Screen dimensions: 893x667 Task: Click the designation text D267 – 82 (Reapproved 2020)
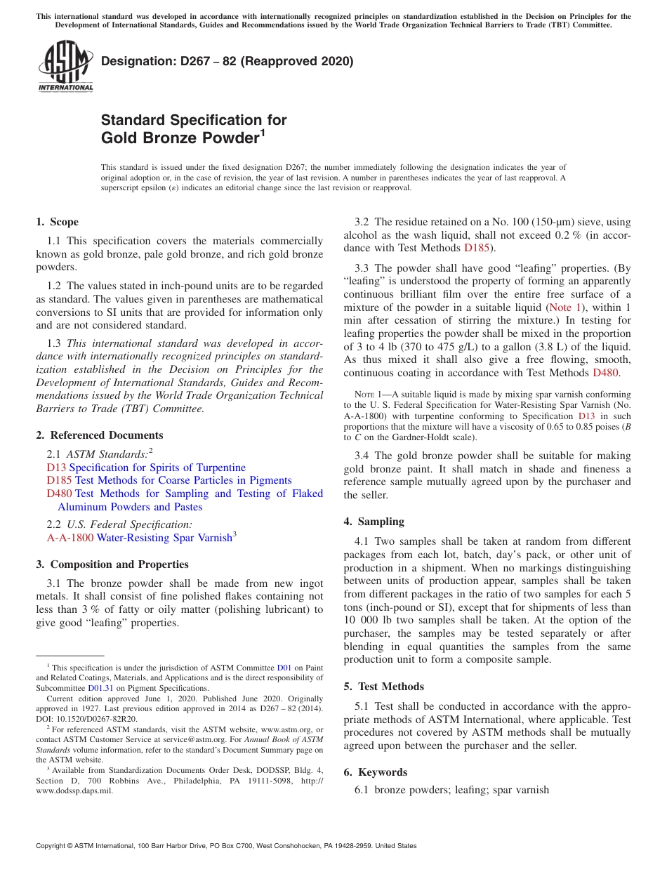pos(227,62)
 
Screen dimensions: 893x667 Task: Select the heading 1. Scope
pos(57,222)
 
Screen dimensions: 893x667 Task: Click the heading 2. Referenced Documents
pos(99,435)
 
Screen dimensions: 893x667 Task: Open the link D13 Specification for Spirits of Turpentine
pos(146,468)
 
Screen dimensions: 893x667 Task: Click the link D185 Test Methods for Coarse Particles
pos(169,480)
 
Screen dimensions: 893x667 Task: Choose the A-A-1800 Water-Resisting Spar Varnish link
pos(140,538)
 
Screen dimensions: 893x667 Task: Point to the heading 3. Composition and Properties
pos(112,564)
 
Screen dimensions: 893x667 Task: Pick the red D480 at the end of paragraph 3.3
pos(605,373)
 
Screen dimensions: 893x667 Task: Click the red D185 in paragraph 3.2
pos(475,248)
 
